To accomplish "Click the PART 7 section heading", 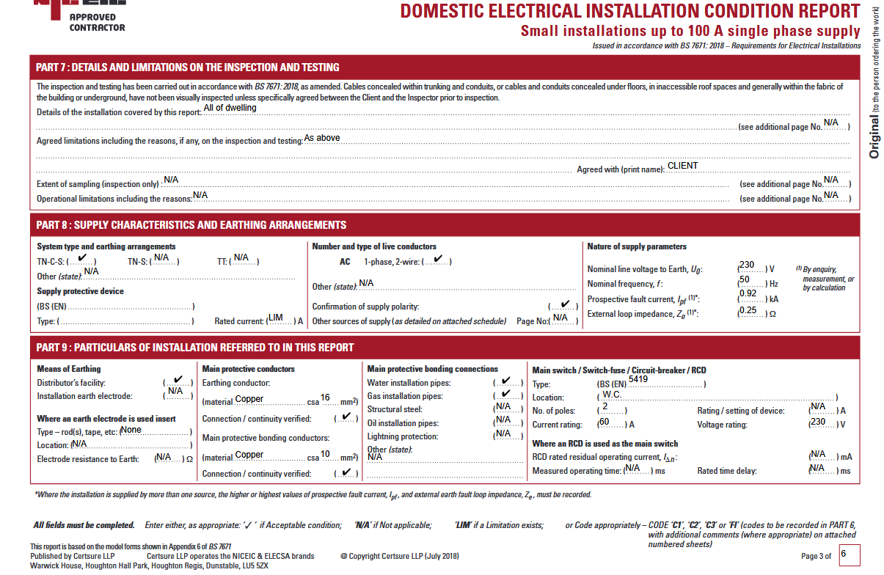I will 187,67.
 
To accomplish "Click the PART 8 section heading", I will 191,225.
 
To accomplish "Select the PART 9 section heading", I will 195,348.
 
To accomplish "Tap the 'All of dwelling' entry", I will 230,108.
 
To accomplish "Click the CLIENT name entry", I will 682,166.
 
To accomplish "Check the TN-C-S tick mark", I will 82,258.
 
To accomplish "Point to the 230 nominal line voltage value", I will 747,265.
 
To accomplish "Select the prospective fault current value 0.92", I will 748,294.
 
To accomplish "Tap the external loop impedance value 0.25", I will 748,310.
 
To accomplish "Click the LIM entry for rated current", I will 276,318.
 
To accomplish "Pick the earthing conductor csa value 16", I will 325,398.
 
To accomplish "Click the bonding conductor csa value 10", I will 325,454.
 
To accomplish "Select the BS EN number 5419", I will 638,379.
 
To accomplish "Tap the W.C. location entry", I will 612,394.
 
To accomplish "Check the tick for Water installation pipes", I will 506,381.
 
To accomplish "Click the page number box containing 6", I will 849,555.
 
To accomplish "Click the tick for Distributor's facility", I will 178,380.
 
